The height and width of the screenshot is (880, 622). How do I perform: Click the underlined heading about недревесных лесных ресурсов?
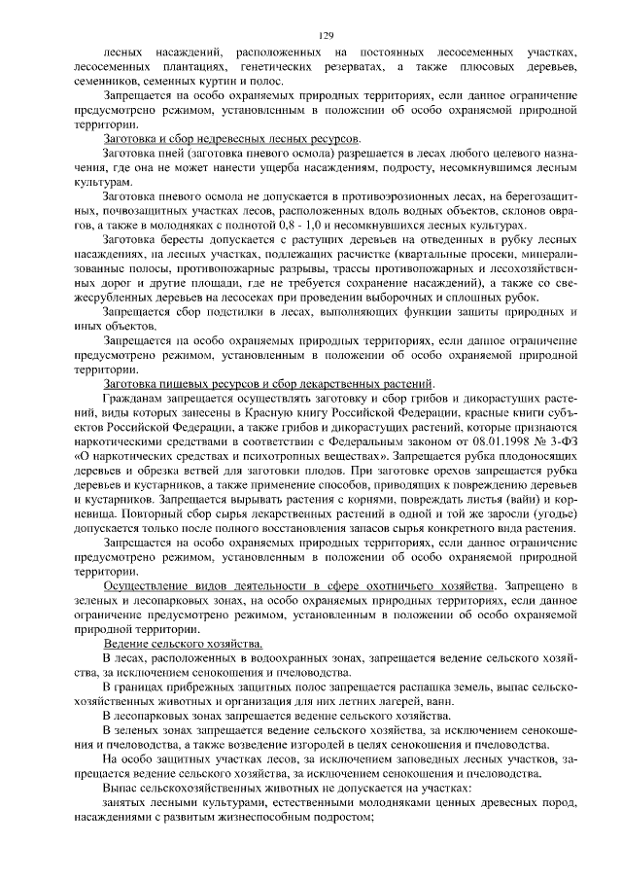(231, 140)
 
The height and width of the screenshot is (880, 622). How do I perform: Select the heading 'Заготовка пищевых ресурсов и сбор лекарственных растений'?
(268, 384)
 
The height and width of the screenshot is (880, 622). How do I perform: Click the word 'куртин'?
(202, 81)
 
